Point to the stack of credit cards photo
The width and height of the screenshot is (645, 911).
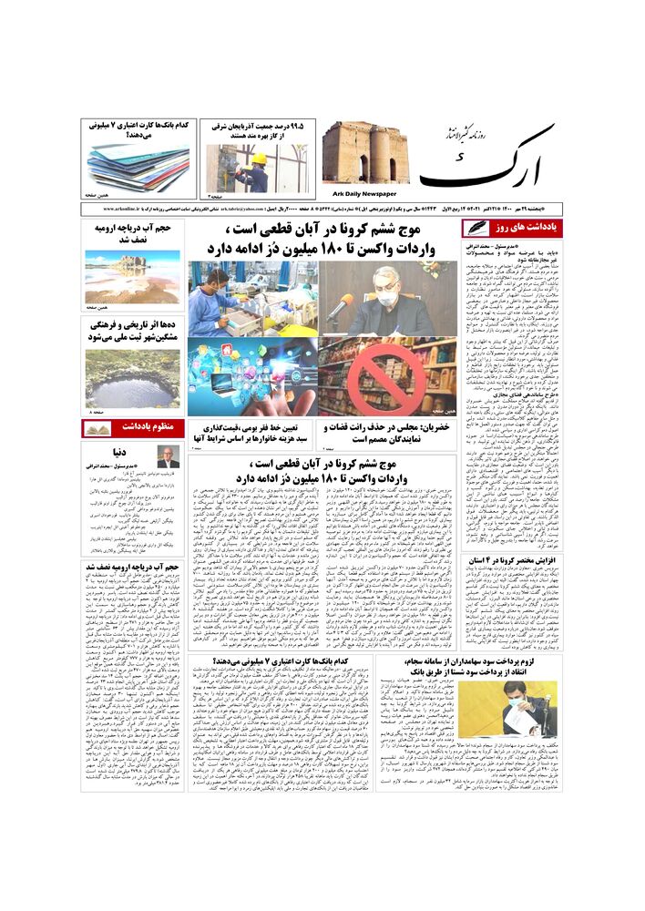tap(138, 165)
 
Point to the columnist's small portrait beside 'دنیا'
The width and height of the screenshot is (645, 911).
tap(168, 457)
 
